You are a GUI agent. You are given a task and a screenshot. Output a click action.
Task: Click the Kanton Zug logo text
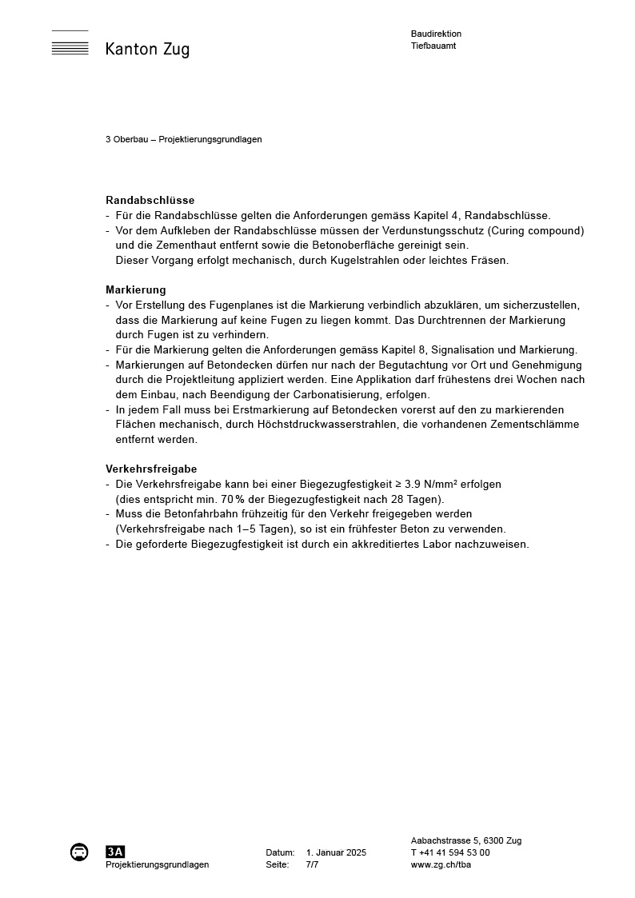pyautogui.click(x=147, y=50)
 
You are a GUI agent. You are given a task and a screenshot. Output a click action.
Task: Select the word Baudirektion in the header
pyautogui.click(x=436, y=34)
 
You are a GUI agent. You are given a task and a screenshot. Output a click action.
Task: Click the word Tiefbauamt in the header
pyautogui.click(x=433, y=46)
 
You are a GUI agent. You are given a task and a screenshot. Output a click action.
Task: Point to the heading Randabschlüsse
pyautogui.click(x=150, y=201)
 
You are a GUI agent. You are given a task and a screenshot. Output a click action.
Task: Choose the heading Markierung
pyautogui.click(x=136, y=289)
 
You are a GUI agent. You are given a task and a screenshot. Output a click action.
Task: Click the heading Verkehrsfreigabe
pyautogui.click(x=151, y=469)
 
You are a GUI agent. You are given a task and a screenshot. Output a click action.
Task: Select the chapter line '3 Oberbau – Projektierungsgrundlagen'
pyautogui.click(x=184, y=139)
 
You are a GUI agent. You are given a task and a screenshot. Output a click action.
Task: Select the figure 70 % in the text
pyautogui.click(x=232, y=498)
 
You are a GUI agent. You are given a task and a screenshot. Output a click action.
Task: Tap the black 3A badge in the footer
pyautogui.click(x=115, y=852)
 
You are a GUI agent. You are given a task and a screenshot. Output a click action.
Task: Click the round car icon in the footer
pyautogui.click(x=79, y=852)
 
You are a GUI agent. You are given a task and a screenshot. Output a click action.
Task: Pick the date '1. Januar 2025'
pyautogui.click(x=336, y=852)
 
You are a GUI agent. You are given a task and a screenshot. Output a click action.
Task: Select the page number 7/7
pyautogui.click(x=312, y=864)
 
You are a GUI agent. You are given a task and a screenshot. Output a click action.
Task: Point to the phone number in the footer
pyautogui.click(x=450, y=852)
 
